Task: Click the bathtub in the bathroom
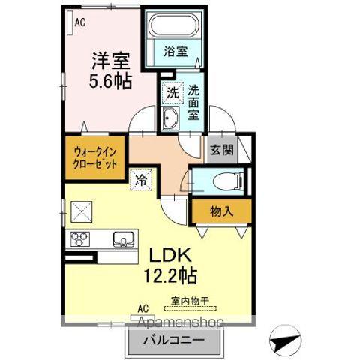[x=174, y=28]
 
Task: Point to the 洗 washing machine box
[x=172, y=94]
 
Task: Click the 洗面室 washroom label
[x=193, y=100]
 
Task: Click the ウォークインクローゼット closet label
[x=94, y=158]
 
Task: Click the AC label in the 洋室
[x=80, y=23]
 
